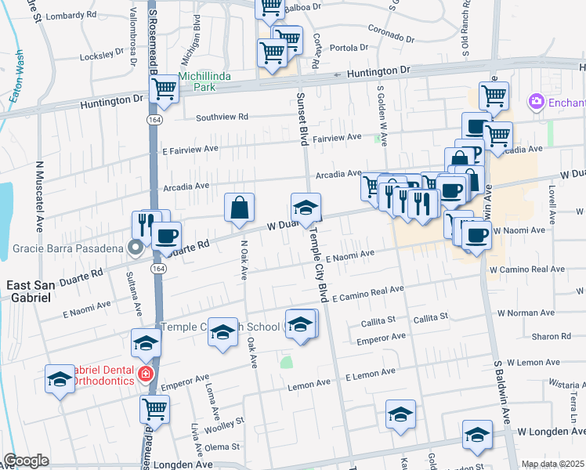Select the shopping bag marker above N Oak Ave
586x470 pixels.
pyautogui.click(x=240, y=208)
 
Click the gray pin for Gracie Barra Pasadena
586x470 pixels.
pyautogui.click(x=135, y=248)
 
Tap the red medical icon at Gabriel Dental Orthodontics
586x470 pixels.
pyautogui.click(x=145, y=374)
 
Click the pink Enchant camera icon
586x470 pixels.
pyautogui.click(x=537, y=102)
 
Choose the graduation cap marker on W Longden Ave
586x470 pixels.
pyautogui.click(x=477, y=435)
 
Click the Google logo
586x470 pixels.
pyautogui.click(x=26, y=461)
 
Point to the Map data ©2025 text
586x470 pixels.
pyautogui.click(x=552, y=464)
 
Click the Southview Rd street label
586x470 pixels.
pyautogui.click(x=222, y=117)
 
